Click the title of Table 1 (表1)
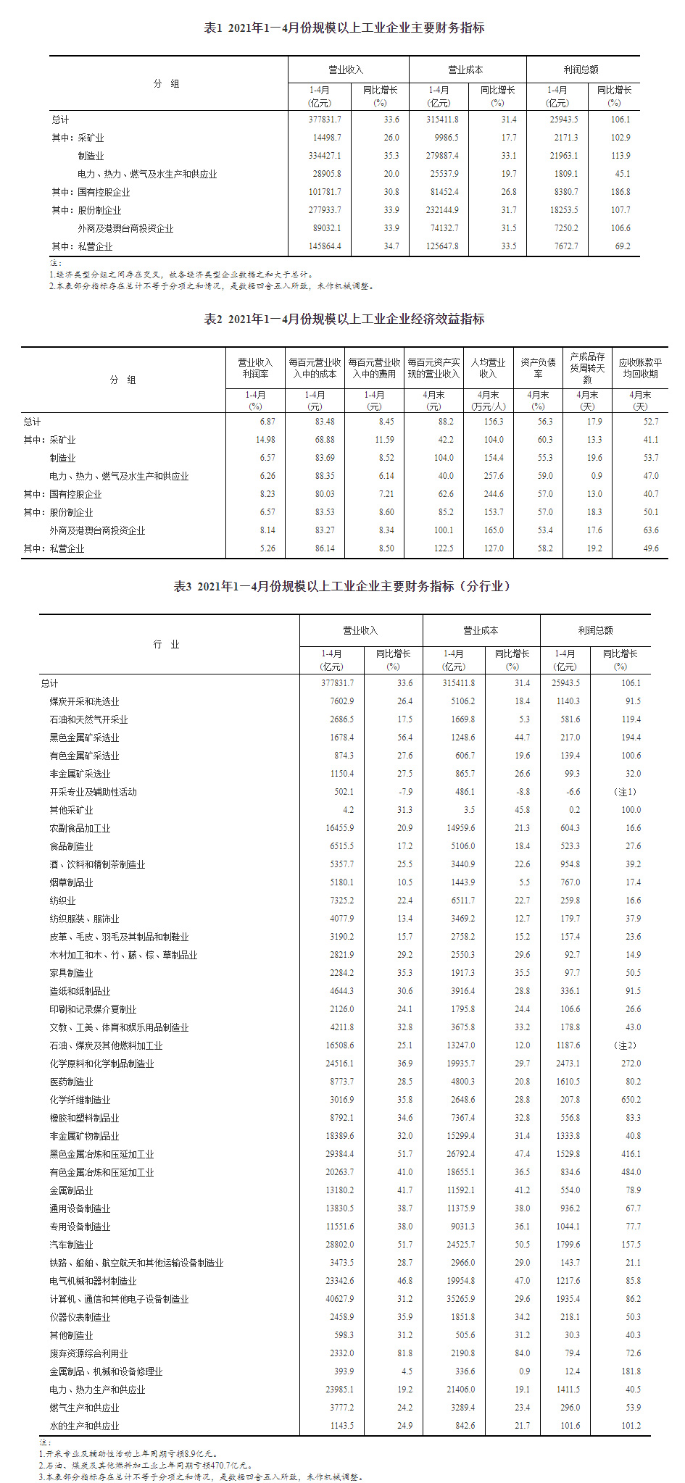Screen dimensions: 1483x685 click(344, 28)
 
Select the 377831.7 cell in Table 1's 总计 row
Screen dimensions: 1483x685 click(325, 120)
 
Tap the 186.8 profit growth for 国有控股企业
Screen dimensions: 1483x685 click(620, 192)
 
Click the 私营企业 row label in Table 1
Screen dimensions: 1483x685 click(95, 246)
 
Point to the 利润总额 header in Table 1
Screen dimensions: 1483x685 click(581, 70)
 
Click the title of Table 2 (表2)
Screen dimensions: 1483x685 click(344, 319)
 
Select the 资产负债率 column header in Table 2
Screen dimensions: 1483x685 click(538, 367)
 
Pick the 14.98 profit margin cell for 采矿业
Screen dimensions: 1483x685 click(265, 440)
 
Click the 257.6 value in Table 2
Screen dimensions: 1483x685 click(494, 476)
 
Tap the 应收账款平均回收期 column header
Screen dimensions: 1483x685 click(640, 367)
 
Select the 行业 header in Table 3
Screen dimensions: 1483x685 click(166, 644)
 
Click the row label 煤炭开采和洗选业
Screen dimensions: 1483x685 click(84, 701)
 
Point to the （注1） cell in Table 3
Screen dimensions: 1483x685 click(625, 792)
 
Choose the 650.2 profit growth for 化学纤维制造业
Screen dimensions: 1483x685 click(631, 1100)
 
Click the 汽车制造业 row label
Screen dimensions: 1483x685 click(71, 1245)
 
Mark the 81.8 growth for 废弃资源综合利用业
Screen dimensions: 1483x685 click(404, 1353)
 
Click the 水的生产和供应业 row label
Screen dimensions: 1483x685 click(84, 1426)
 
